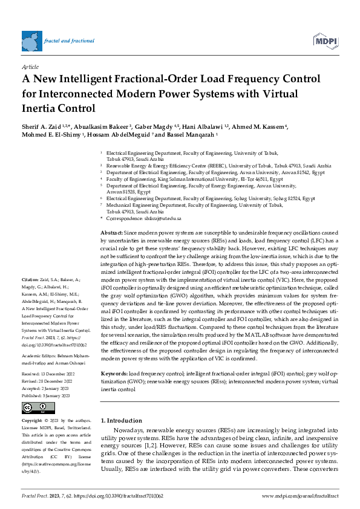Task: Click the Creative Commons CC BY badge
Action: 38,407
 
